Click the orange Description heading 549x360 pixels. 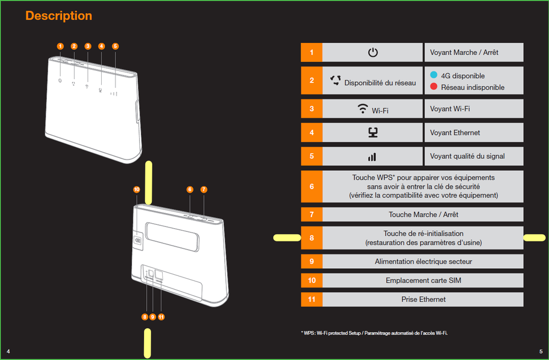58,16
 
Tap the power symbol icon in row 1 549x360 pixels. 373,52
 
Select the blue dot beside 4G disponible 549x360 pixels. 434,75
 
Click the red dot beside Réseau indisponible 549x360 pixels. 434,86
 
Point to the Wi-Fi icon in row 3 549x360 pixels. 363,109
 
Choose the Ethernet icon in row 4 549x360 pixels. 373,132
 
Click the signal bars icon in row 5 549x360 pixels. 372,157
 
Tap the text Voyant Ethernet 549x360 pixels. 455,132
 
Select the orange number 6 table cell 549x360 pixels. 312,186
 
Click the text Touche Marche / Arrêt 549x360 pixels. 423,214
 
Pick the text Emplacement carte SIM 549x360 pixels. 423,280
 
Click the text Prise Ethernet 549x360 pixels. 423,300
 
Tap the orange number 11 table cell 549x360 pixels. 312,300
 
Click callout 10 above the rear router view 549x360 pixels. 136,190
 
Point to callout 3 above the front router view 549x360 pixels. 88,46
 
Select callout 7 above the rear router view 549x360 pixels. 204,190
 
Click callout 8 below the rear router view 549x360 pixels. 145,317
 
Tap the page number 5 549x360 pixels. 541,351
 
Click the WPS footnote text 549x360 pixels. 374,333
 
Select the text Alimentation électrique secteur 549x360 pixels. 423,262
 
